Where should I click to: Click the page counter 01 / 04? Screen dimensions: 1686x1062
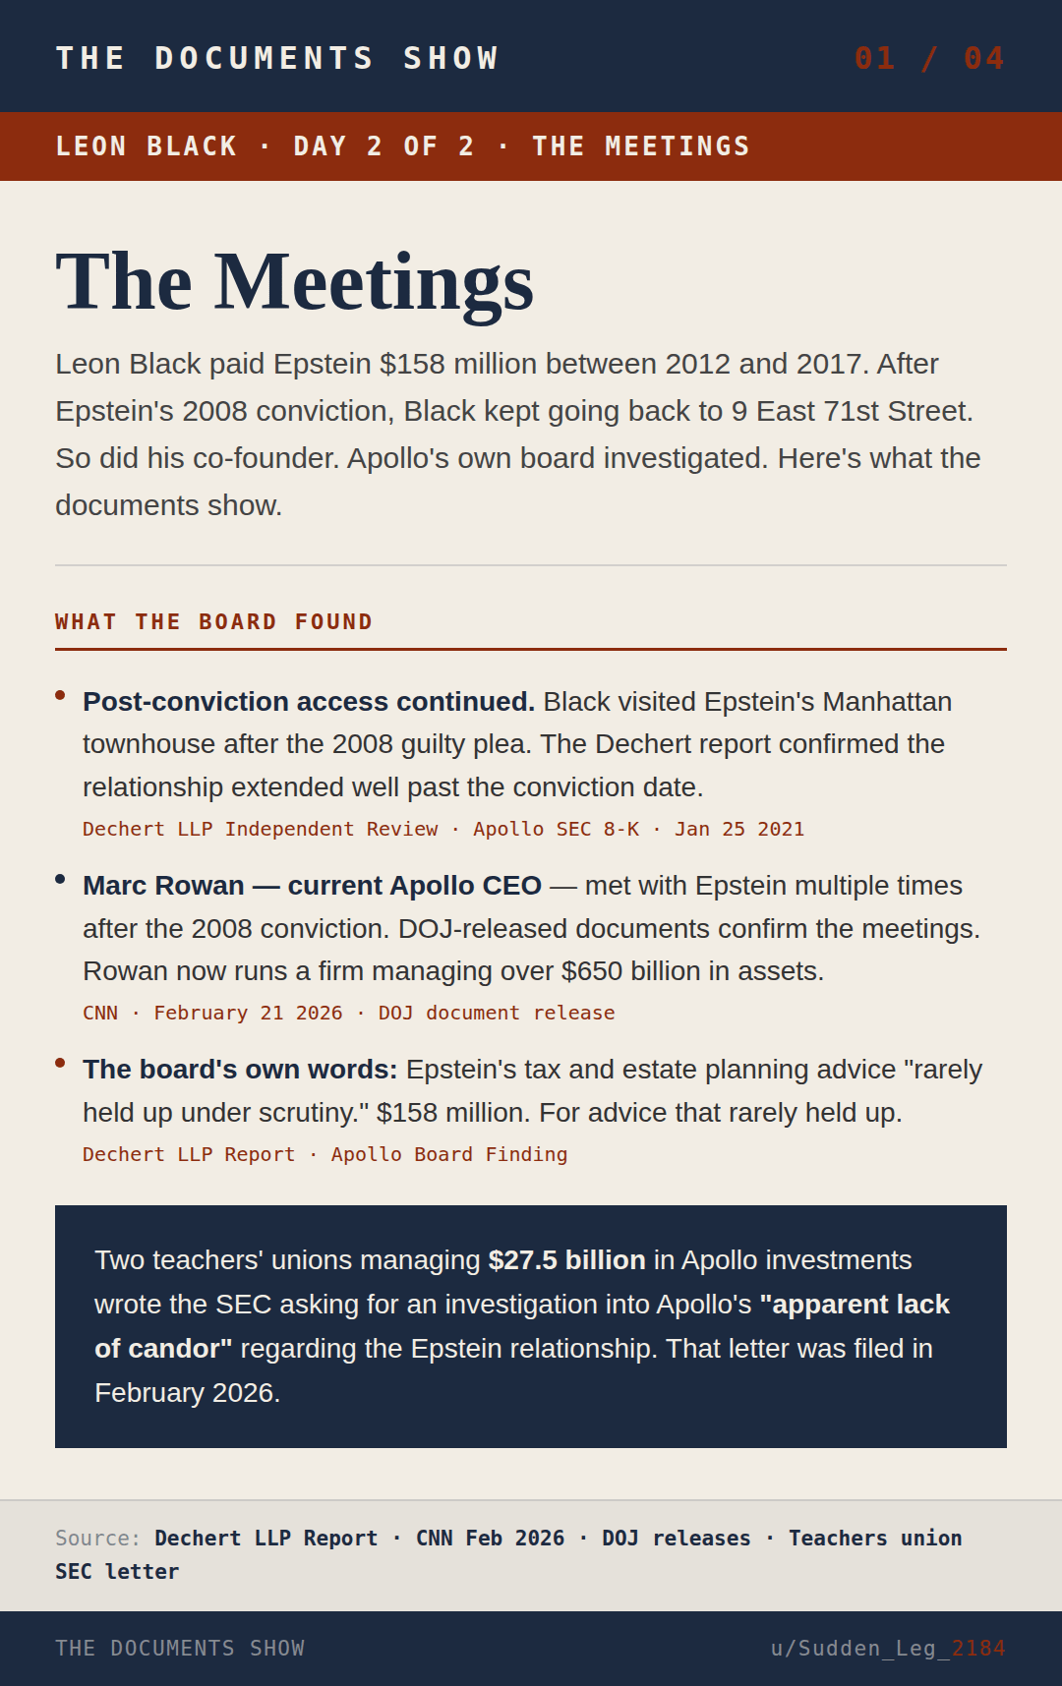[928, 58]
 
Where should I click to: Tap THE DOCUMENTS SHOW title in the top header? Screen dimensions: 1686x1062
[277, 58]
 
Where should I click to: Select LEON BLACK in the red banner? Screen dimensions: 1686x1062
[147, 146]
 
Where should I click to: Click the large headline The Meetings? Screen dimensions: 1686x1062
[294, 282]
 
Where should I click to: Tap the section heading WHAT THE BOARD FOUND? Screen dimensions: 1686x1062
[213, 622]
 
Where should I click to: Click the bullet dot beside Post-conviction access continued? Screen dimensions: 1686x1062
[60, 695]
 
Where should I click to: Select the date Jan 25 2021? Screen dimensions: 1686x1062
[738, 829]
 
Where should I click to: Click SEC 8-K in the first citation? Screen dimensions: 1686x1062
[597, 829]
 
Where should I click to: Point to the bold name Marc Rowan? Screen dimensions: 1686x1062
[163, 886]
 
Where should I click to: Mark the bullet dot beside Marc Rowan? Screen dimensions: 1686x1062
[60, 879]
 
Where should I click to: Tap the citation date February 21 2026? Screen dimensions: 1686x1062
[248, 1013]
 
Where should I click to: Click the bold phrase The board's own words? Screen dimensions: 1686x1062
[240, 1070]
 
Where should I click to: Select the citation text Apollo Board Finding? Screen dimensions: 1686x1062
[448, 1154]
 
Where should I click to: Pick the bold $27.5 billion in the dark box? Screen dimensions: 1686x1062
[566, 1260]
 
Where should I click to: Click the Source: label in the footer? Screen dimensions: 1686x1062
[97, 1539]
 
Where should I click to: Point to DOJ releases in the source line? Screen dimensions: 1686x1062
[676, 1539]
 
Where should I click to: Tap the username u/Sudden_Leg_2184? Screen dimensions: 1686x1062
[887, 1648]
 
